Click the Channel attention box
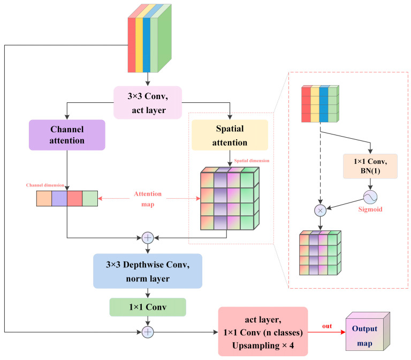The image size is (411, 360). [67, 135]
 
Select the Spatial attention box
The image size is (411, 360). [230, 135]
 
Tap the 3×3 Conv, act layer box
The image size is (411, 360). [148, 103]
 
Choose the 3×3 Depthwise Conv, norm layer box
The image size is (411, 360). [148, 271]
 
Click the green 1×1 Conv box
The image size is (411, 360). [148, 307]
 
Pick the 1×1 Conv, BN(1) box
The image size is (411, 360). [370, 167]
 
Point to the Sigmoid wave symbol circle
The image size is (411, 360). [370, 197]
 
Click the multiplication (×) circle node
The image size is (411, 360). [320, 211]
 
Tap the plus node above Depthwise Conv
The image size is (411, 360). [148, 238]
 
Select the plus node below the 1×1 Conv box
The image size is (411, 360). [148, 332]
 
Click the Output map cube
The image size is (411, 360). [368, 332]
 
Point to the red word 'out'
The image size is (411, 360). [327, 326]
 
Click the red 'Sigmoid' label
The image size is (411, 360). [370, 209]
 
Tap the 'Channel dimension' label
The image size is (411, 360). [45, 185]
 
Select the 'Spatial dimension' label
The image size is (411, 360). [252, 161]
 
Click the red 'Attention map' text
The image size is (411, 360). [148, 199]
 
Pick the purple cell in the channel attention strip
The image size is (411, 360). [59, 199]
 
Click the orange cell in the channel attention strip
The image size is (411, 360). [44, 199]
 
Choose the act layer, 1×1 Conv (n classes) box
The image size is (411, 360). [263, 332]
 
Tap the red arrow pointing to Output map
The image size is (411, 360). [326, 332]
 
